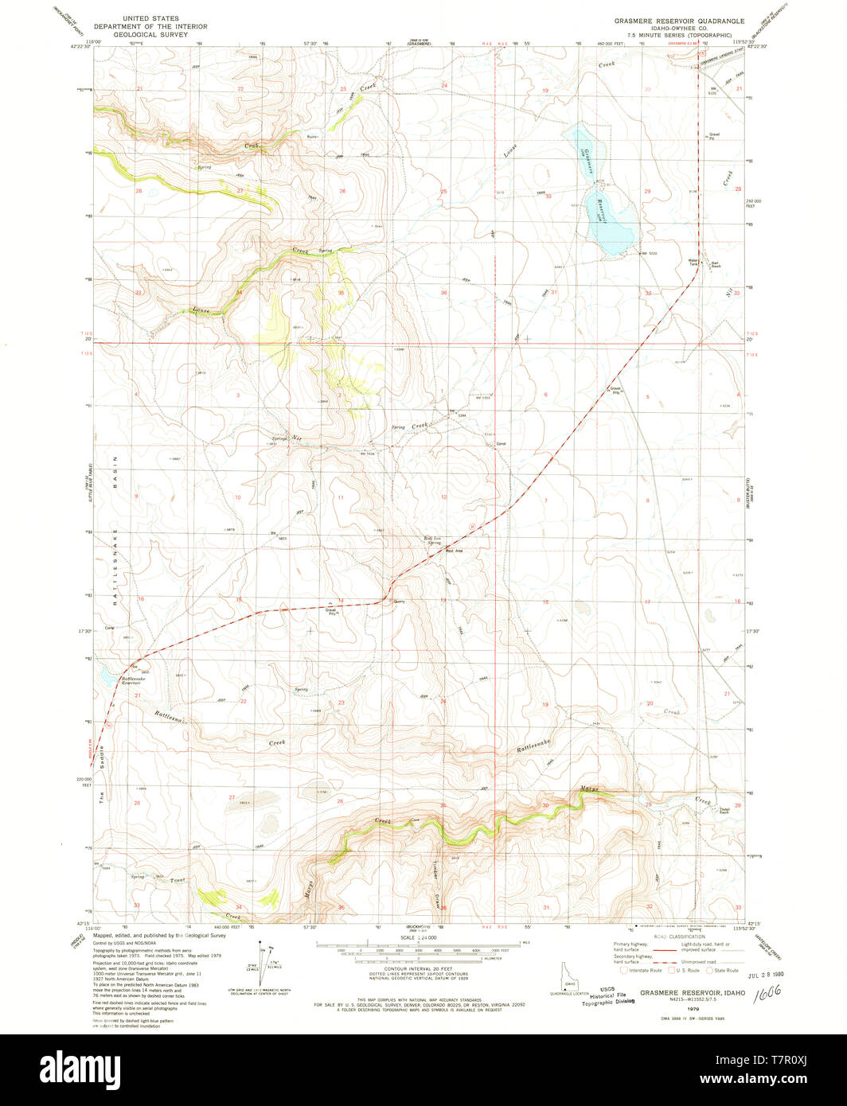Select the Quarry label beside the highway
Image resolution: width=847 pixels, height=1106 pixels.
click(398, 602)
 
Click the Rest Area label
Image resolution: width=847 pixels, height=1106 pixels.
click(455, 551)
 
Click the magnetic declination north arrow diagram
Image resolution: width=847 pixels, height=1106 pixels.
click(263, 959)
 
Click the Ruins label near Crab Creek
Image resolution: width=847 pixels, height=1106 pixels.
click(313, 137)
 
